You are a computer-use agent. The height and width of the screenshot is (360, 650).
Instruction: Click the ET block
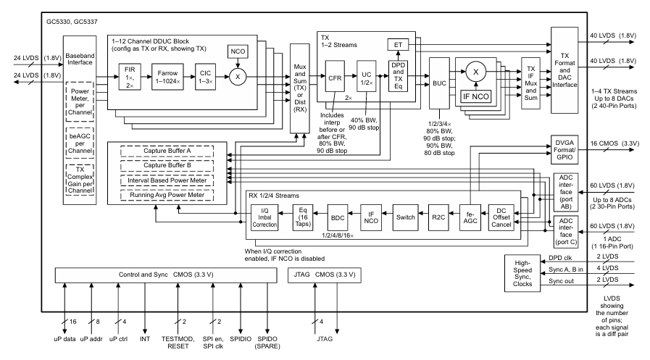(397, 45)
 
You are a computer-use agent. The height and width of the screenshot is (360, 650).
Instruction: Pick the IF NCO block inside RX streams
(370, 216)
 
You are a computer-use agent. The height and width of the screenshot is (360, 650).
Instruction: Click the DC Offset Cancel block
(504, 216)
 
